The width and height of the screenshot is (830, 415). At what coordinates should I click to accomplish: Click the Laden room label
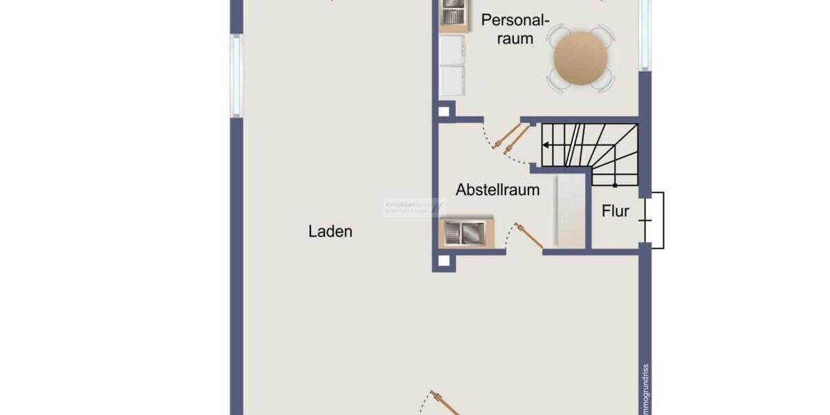(330, 232)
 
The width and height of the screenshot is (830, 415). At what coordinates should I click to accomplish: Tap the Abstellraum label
(497, 190)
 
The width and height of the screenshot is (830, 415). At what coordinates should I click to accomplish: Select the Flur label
(615, 211)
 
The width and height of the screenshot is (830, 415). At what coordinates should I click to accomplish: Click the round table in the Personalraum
(580, 57)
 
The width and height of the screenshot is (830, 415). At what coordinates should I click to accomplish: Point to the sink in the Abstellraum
(462, 232)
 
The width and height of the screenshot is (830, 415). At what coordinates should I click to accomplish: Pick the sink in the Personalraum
(454, 12)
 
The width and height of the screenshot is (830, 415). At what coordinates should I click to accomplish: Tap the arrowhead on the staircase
(546, 145)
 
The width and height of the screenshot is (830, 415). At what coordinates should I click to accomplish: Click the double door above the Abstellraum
(509, 139)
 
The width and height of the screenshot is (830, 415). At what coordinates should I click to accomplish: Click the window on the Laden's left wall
(237, 75)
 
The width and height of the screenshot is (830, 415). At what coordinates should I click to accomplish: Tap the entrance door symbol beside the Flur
(654, 220)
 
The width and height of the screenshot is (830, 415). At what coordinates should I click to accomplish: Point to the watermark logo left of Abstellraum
(414, 207)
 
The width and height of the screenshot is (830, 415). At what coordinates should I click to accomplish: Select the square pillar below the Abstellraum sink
(443, 261)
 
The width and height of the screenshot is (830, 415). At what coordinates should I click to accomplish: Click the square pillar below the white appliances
(444, 111)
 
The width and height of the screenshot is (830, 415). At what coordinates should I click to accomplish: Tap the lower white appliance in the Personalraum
(452, 80)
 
